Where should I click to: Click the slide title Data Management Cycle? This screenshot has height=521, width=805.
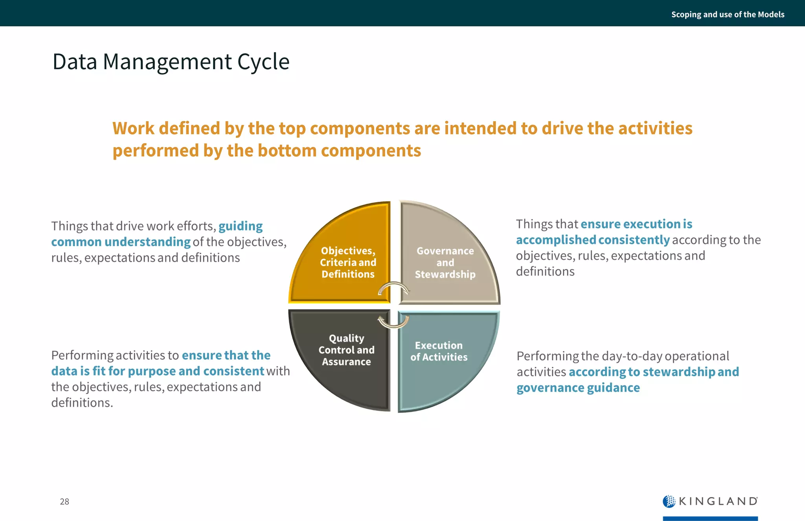pos(171,62)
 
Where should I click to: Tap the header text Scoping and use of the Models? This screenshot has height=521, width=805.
pos(728,15)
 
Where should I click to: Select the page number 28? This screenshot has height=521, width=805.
pos(64,501)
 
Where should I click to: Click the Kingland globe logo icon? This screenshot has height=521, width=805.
pos(669,501)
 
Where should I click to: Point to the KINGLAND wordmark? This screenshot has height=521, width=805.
pos(718,501)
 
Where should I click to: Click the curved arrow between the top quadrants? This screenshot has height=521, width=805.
pos(393,287)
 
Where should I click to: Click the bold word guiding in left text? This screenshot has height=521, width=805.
pos(241,226)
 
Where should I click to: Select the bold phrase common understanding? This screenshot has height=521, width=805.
pos(121,242)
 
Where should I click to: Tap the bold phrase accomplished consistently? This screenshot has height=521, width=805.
pos(593,240)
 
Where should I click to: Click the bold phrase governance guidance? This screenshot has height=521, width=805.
pos(578,388)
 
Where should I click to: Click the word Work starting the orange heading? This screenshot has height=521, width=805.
pos(133,129)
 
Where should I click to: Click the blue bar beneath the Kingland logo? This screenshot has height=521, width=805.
pos(710,518)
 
